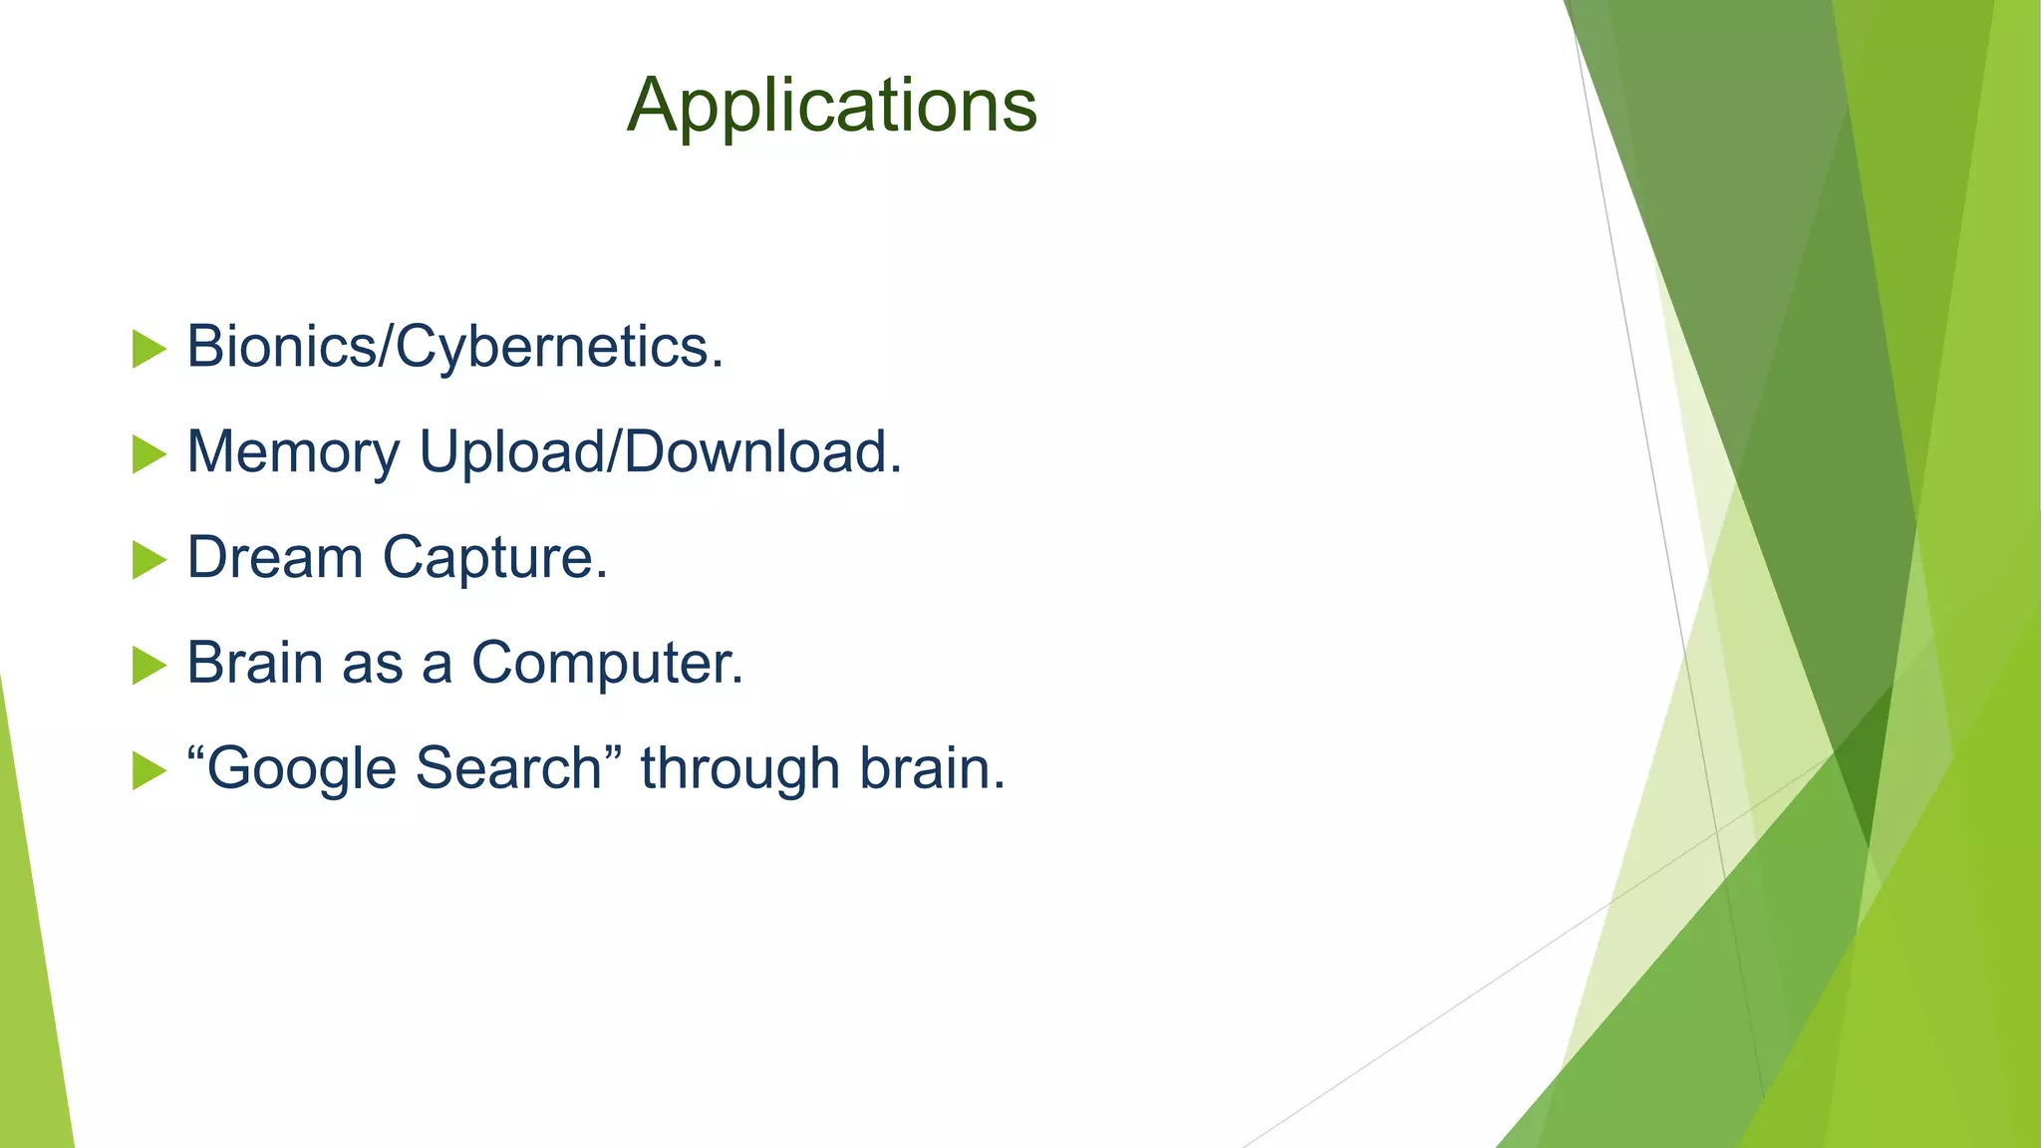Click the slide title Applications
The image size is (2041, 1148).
[832, 105]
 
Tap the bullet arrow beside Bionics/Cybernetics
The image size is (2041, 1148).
[148, 350]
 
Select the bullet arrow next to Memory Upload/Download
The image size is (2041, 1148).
[148, 455]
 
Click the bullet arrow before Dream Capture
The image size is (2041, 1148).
[148, 560]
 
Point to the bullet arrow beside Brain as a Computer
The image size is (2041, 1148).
[148, 666]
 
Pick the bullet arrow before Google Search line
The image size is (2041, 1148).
[148, 771]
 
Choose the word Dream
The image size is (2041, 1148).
[275, 557]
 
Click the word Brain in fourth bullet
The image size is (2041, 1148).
[254, 663]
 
